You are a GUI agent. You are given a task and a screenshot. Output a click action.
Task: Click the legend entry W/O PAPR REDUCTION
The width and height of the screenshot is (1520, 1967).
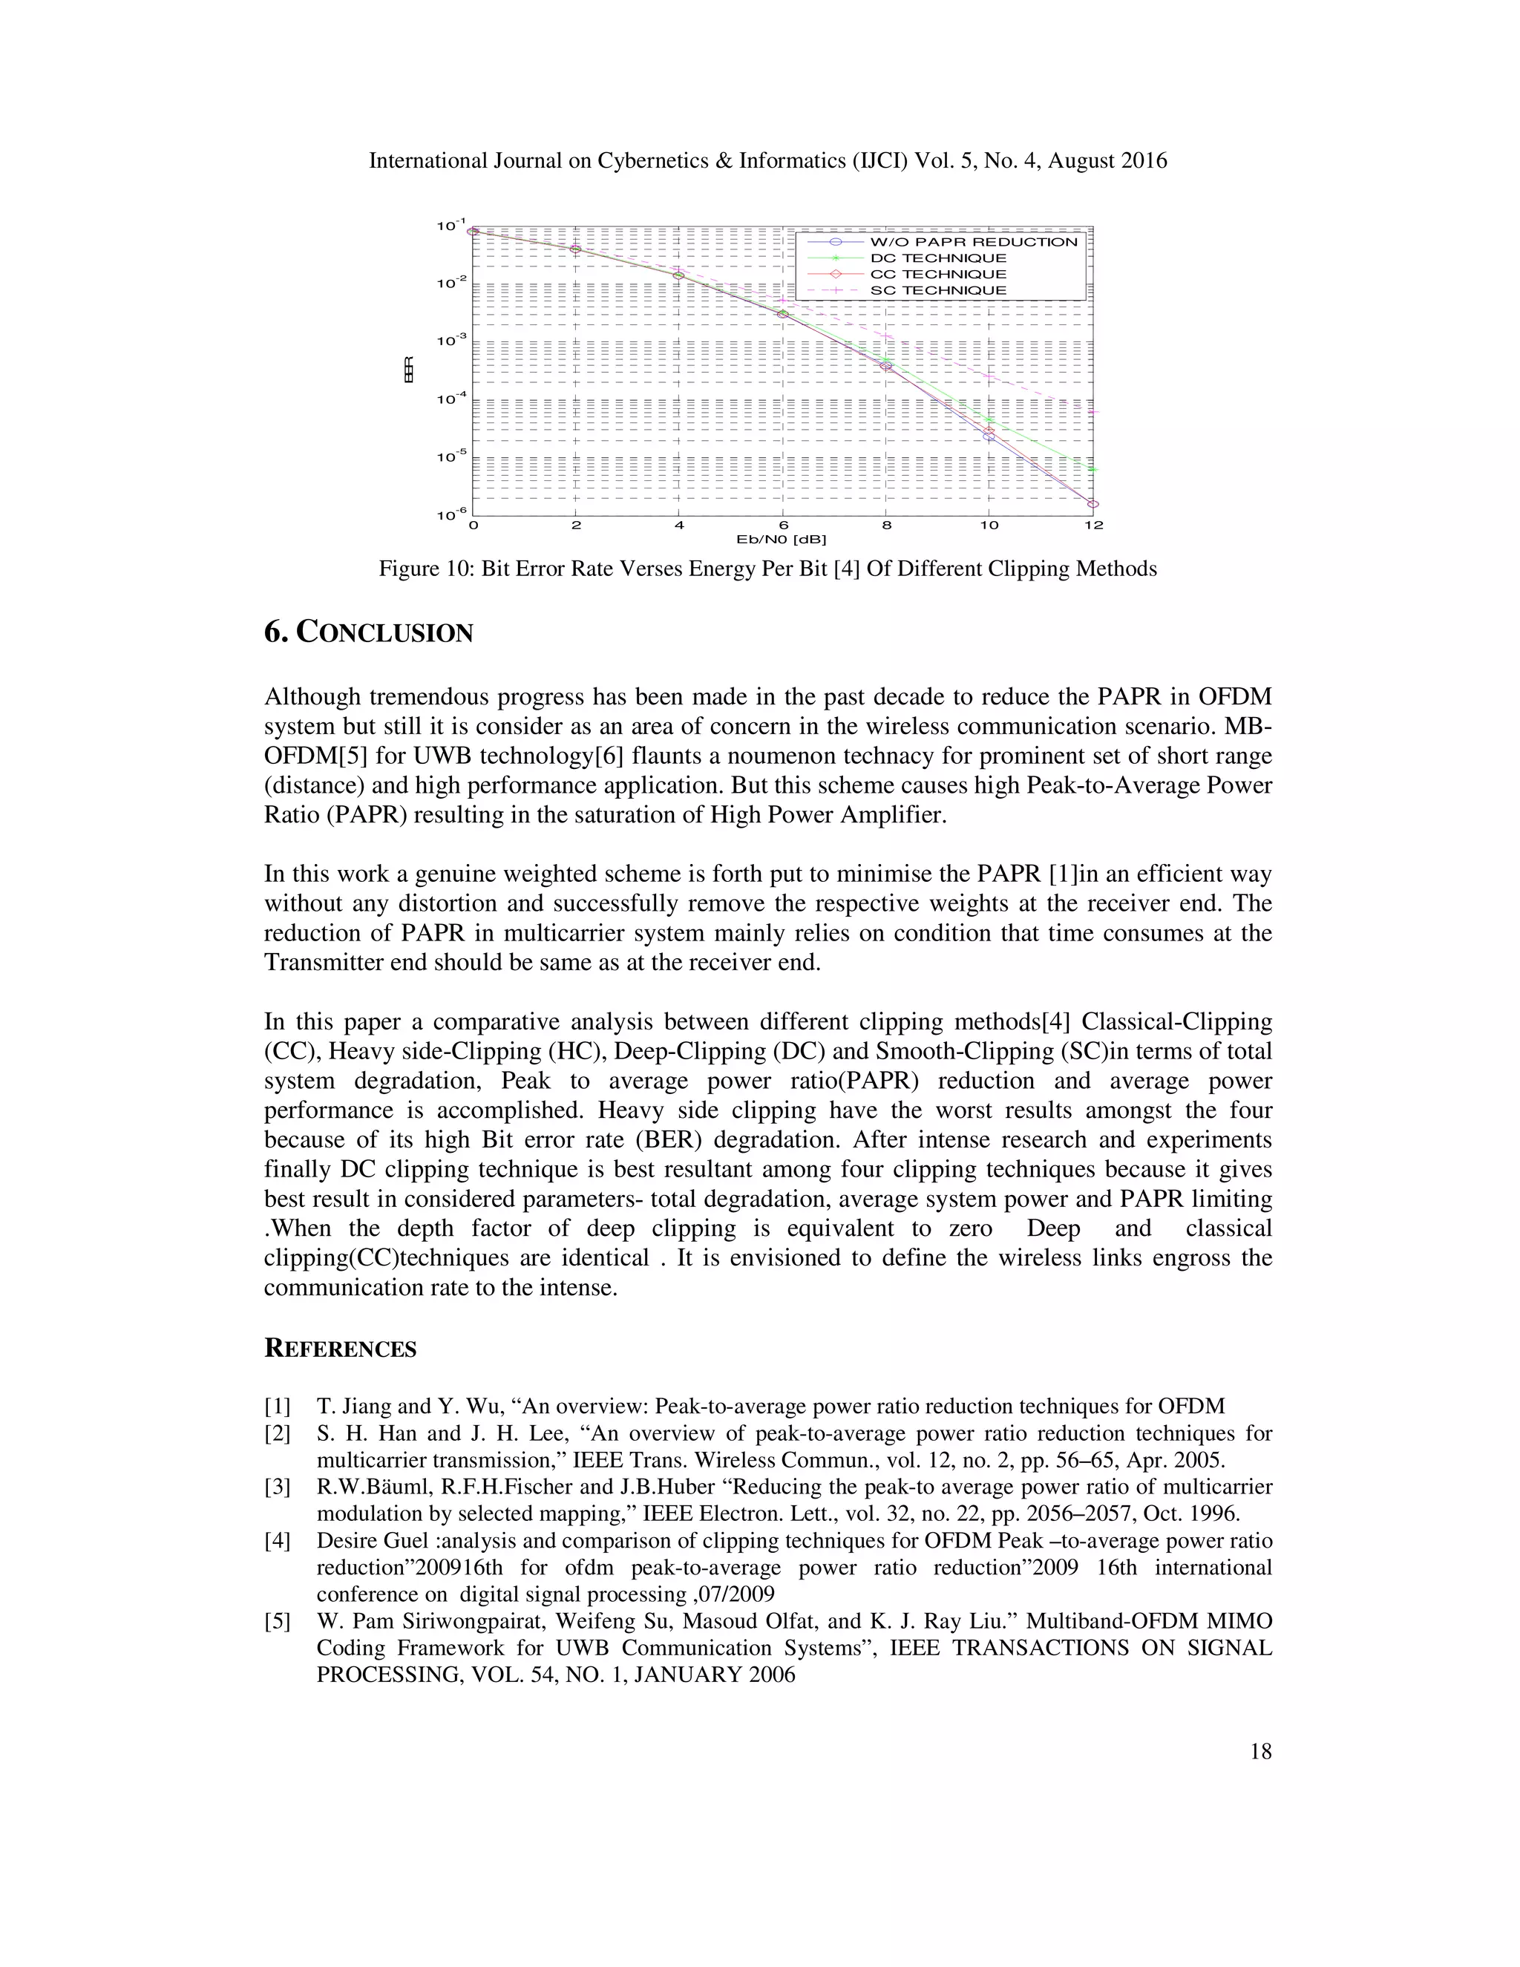tap(972, 241)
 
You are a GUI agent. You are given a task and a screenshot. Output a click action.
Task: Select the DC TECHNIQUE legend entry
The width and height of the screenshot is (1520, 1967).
tap(937, 258)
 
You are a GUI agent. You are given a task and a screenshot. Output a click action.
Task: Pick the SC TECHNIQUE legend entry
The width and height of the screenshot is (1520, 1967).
tap(937, 290)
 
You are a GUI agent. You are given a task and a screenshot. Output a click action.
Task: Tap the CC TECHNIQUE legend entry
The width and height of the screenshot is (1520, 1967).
tap(937, 274)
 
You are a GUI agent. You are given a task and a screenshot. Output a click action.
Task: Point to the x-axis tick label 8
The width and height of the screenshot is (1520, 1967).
tap(886, 525)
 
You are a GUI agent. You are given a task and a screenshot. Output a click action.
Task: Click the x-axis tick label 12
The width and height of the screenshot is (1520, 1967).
tap(1093, 525)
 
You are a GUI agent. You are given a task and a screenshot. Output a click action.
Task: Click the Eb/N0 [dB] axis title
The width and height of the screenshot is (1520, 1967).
tap(782, 540)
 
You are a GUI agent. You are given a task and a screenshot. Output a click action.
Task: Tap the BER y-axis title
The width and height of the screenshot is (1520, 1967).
tap(409, 370)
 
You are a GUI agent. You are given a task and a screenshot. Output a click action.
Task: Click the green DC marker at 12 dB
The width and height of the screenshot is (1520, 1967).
tap(1093, 469)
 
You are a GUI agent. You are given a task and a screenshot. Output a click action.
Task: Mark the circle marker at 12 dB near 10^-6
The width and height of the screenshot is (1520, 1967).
tap(1093, 504)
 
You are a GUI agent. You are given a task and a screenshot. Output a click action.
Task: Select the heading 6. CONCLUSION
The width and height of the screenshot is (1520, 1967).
tap(368, 632)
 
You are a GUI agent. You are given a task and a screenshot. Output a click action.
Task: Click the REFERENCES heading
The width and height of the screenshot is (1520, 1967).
tap(341, 1348)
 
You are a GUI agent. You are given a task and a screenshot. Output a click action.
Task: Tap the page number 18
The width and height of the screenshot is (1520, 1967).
tap(1261, 1751)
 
